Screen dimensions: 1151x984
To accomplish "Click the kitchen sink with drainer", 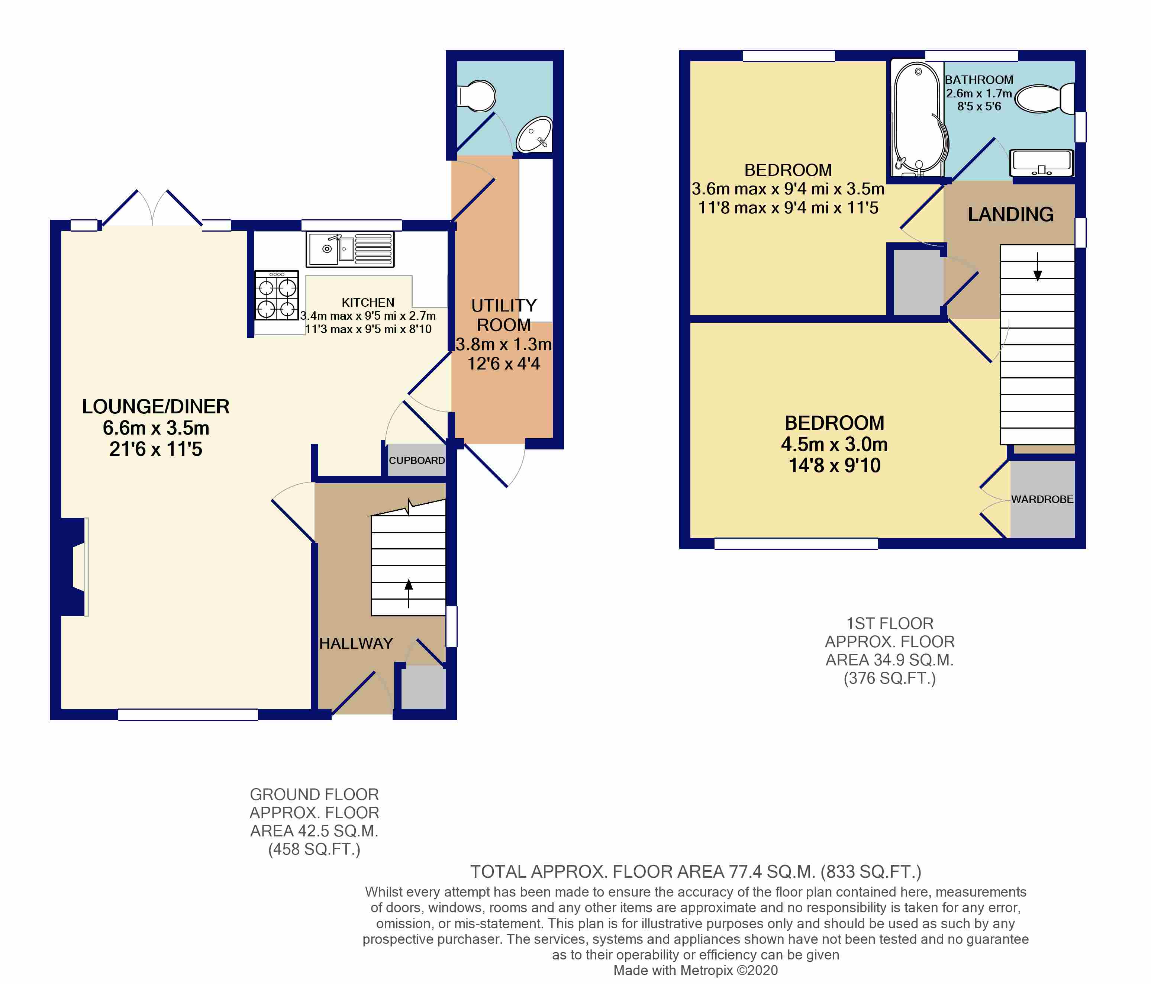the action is (350, 249).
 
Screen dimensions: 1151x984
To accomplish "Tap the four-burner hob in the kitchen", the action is (277, 296).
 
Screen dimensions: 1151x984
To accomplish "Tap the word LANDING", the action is (1010, 214).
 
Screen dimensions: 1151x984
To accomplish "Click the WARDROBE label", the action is (1042, 499).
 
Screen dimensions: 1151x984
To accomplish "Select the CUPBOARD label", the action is (417, 460).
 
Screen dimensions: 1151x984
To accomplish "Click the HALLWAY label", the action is (356, 643).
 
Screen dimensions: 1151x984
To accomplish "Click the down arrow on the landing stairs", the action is (1037, 267).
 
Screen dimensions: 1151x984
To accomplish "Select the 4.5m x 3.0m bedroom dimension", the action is (834, 444).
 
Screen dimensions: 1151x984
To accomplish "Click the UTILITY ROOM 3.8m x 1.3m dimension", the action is (504, 344).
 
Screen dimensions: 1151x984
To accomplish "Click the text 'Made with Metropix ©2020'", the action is (696, 970).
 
